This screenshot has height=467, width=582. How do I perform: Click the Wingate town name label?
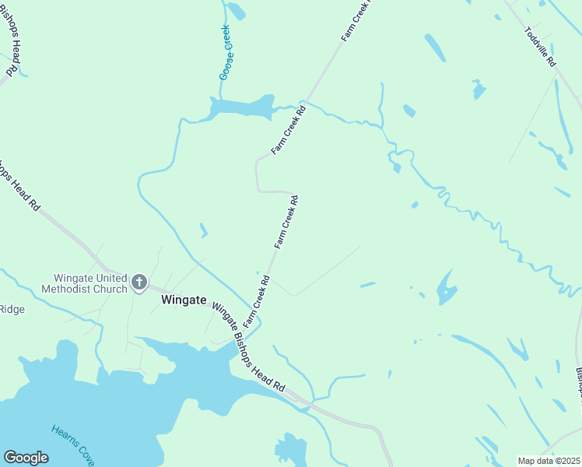pos(184,299)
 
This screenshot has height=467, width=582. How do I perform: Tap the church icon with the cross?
pos(139,283)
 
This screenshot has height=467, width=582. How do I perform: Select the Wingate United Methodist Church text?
pos(90,283)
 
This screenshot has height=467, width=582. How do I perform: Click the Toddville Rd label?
pos(540,47)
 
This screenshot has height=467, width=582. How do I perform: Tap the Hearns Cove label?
pos(72,444)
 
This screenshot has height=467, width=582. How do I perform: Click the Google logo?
pos(26,458)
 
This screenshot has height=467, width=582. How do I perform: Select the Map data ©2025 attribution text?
pos(548,460)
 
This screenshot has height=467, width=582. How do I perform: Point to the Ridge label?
pos(12,310)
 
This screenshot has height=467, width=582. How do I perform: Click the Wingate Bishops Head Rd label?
pos(248,346)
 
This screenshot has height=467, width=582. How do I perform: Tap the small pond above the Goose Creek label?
pos(237,11)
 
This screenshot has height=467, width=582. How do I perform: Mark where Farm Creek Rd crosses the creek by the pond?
pos(306,103)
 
